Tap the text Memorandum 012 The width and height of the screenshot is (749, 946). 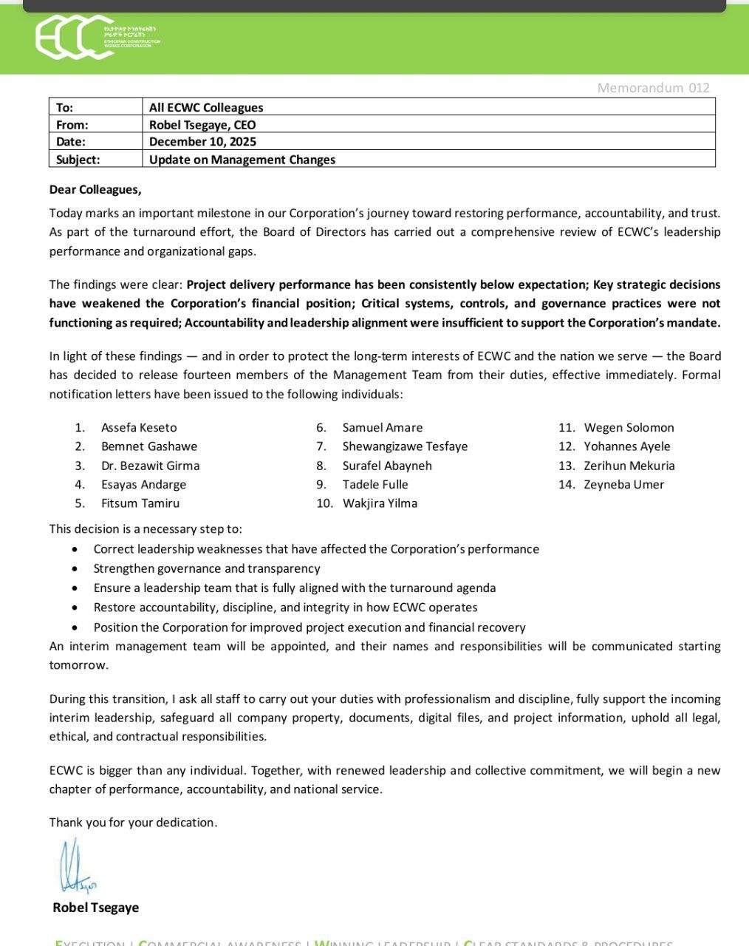[653, 88]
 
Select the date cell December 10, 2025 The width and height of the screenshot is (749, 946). [202, 142]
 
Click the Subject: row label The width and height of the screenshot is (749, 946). [78, 160]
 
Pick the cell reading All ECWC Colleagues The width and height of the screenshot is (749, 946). [206, 108]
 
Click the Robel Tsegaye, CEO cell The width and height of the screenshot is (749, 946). [202, 125]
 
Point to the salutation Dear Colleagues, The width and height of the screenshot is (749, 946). [95, 190]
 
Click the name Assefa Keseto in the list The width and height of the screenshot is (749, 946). [139, 428]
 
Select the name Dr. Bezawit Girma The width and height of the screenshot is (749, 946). [150, 466]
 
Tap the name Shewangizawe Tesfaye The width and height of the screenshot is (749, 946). [405, 446]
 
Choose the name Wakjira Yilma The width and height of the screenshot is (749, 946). [380, 503]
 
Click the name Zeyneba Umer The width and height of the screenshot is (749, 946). [623, 485]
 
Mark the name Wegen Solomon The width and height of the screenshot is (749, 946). [629, 428]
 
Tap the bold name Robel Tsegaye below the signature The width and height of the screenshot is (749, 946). [95, 908]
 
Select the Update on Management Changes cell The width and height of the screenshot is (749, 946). [242, 160]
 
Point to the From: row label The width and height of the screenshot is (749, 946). [72, 125]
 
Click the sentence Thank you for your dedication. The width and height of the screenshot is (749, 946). [133, 823]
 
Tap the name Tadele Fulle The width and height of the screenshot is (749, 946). [375, 485]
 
